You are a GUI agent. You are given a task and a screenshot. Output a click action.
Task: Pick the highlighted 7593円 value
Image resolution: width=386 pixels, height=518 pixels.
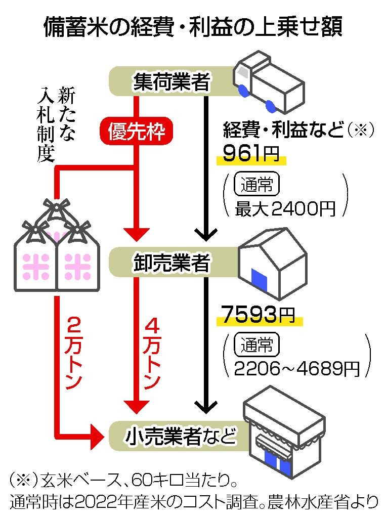point(258,316)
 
